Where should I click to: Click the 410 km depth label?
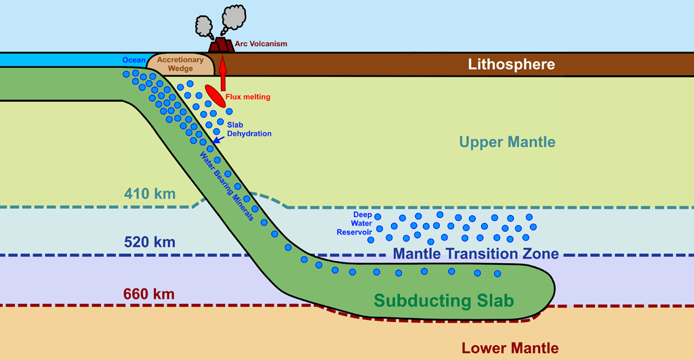click(x=150, y=195)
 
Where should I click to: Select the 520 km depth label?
click(x=150, y=242)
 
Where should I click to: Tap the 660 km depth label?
click(x=149, y=294)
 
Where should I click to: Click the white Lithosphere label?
click(x=512, y=65)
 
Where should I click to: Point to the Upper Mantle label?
click(x=507, y=142)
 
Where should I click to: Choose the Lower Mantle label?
click(x=510, y=348)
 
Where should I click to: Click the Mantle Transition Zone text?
click(x=476, y=254)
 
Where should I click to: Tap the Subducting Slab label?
click(x=444, y=300)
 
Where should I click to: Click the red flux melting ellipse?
click(x=216, y=96)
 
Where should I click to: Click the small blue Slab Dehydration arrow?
click(x=217, y=139)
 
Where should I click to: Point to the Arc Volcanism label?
click(x=261, y=44)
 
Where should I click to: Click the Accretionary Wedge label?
click(x=180, y=64)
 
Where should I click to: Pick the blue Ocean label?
click(x=134, y=60)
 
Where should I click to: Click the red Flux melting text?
click(x=247, y=97)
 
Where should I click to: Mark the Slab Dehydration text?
click(x=249, y=129)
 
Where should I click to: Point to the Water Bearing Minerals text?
click(x=226, y=184)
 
